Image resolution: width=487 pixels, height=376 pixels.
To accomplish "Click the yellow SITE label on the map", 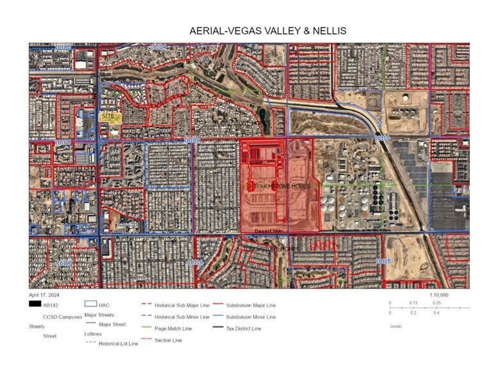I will (x=109, y=117).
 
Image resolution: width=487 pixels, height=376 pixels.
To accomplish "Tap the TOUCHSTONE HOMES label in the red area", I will (x=280, y=186).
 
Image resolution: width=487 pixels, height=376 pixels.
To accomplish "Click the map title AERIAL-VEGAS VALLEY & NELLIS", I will (x=268, y=31).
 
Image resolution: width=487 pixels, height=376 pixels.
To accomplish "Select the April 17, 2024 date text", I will (x=45, y=296).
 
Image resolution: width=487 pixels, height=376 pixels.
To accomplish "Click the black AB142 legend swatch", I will (x=35, y=305).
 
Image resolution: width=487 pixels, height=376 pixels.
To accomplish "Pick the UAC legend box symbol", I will (x=90, y=305).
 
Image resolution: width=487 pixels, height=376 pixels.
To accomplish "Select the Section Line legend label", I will (x=168, y=340).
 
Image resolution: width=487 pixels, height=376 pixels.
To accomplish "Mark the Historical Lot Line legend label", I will (x=118, y=343).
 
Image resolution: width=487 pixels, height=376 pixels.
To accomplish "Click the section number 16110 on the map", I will (x=381, y=138).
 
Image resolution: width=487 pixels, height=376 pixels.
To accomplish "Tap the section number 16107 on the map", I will (x=64, y=262).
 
